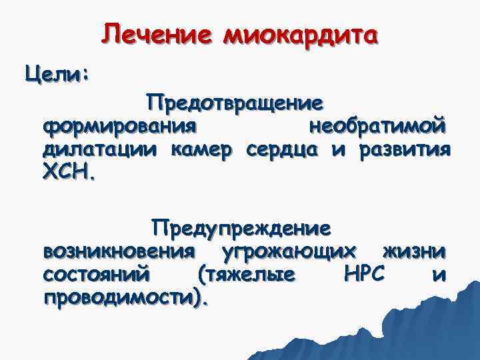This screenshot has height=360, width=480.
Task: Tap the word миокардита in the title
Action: point(301,33)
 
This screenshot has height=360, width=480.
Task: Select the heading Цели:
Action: point(57,72)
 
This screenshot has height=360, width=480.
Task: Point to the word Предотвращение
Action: point(237,103)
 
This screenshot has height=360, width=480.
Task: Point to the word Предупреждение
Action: point(241,229)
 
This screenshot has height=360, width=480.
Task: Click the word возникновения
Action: point(119,251)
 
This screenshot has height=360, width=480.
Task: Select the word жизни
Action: point(413,251)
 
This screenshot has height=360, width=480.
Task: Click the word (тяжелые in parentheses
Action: point(245,275)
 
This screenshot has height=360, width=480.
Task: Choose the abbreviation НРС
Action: point(362,274)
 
